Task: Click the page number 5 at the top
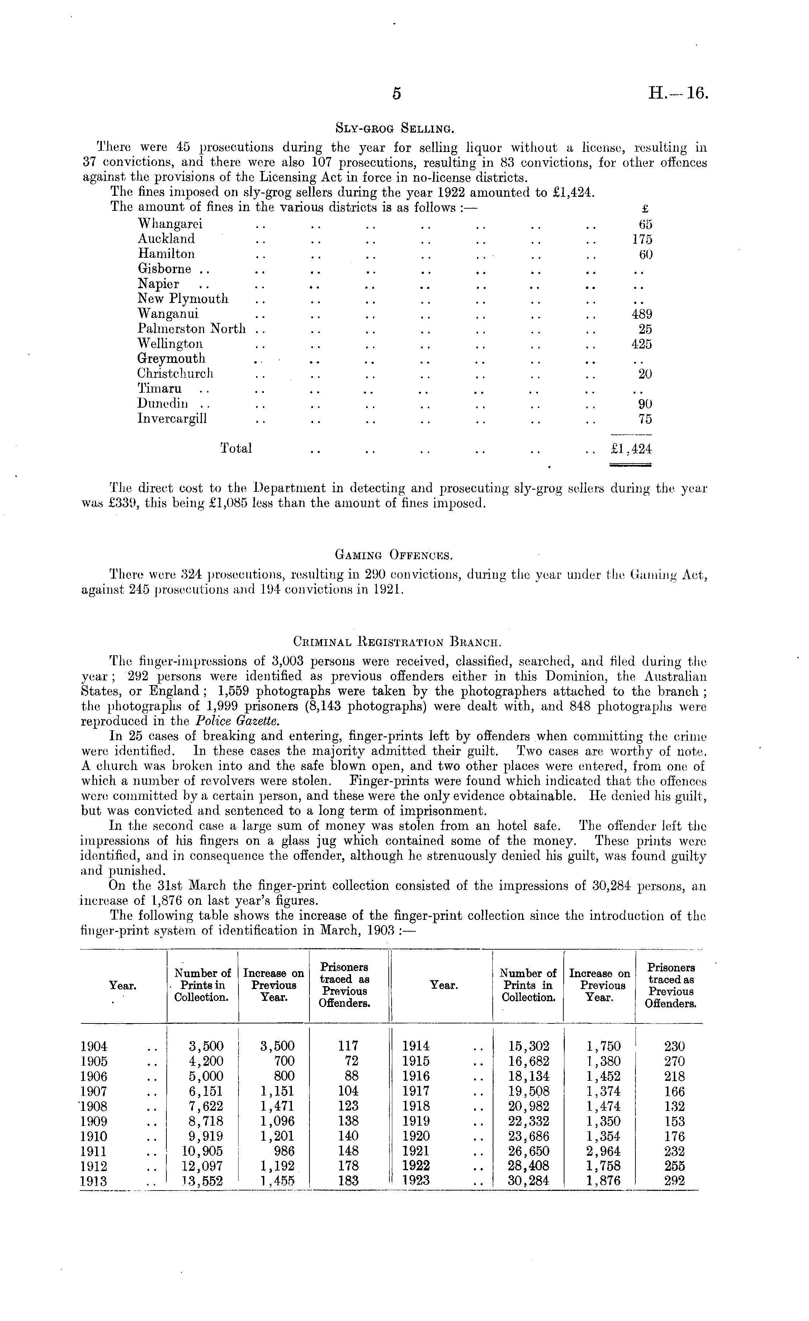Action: pyautogui.click(x=397, y=94)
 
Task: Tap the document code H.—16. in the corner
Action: pyautogui.click(x=678, y=94)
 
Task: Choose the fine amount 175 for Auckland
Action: pyautogui.click(x=642, y=239)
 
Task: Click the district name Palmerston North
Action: pyautogui.click(x=191, y=329)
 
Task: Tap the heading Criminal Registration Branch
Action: pyautogui.click(x=397, y=641)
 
